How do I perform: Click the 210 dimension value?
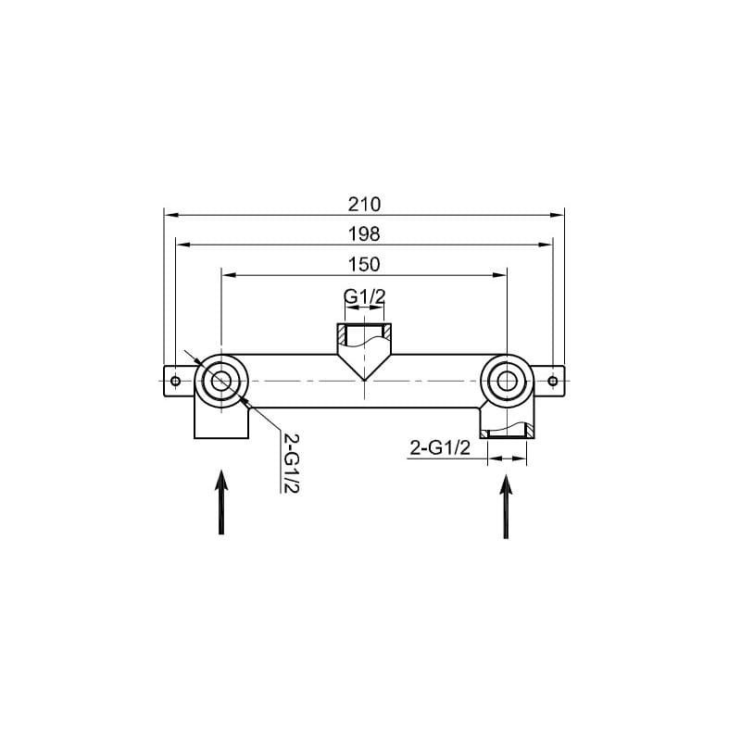[364, 205]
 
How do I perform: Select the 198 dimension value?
[364, 234]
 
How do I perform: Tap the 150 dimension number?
[364, 264]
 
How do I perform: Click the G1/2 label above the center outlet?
[364, 296]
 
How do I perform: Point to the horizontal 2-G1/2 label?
[440, 447]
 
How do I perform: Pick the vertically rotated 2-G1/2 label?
[291, 462]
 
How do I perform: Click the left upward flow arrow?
[221, 502]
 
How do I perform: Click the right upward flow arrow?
[506, 506]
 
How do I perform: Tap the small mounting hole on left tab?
[175, 381]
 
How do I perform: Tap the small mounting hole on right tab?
[552, 381]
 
